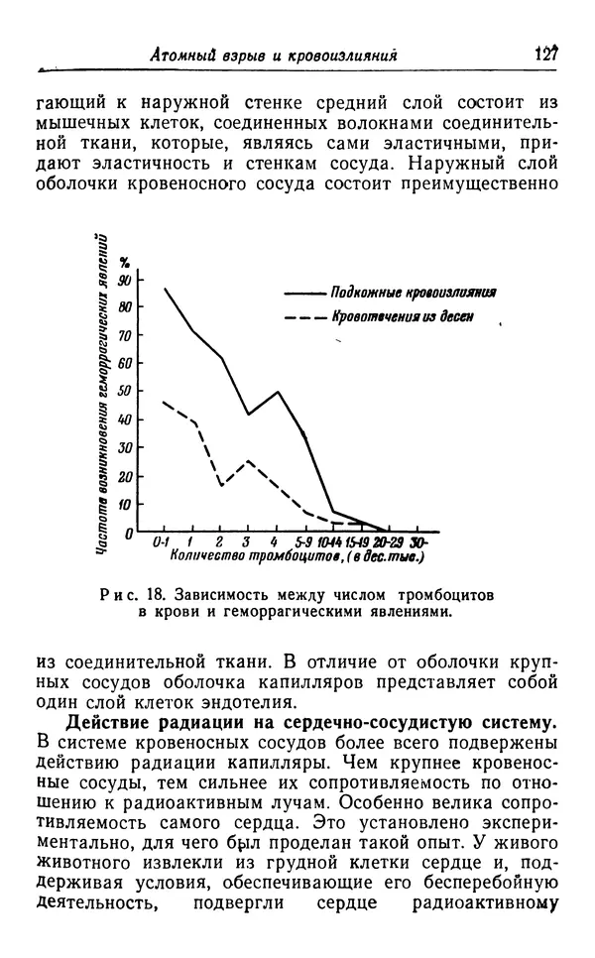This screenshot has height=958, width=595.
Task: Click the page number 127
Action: [548, 53]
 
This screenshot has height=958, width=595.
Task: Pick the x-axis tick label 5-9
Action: [303, 542]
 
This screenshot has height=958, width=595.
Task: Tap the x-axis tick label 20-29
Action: [389, 542]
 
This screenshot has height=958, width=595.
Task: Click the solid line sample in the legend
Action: [304, 295]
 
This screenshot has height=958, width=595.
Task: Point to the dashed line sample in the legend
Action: [304, 318]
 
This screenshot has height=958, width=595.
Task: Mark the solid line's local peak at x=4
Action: [278, 391]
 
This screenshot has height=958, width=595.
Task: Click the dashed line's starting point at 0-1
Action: [164, 401]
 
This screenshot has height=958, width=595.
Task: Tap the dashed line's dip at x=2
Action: [221, 484]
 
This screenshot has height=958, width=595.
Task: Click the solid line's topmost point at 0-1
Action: [165, 288]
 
